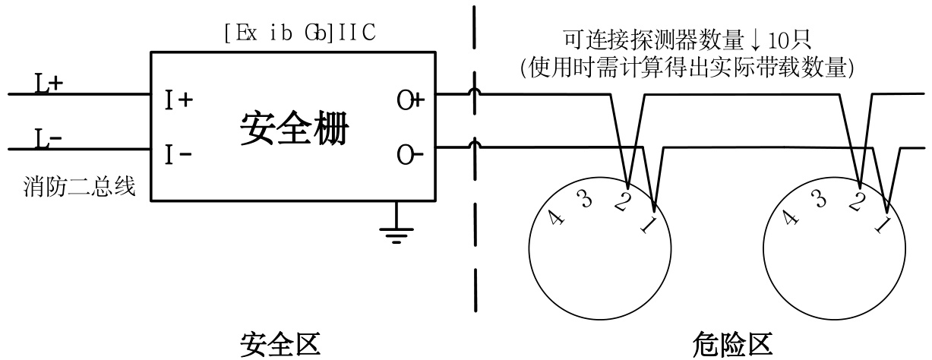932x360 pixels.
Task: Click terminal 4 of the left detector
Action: (558, 219)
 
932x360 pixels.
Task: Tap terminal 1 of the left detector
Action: (646, 226)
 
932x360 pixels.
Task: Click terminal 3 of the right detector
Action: (817, 201)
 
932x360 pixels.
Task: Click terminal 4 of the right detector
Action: (790, 219)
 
